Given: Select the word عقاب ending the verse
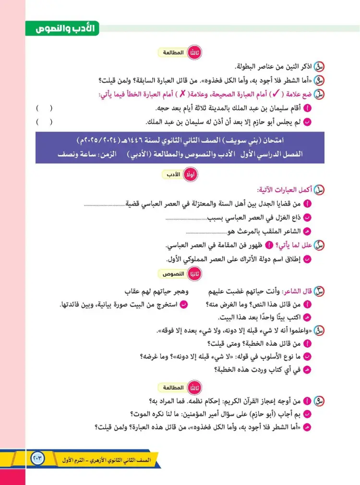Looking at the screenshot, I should [x=135, y=291].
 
